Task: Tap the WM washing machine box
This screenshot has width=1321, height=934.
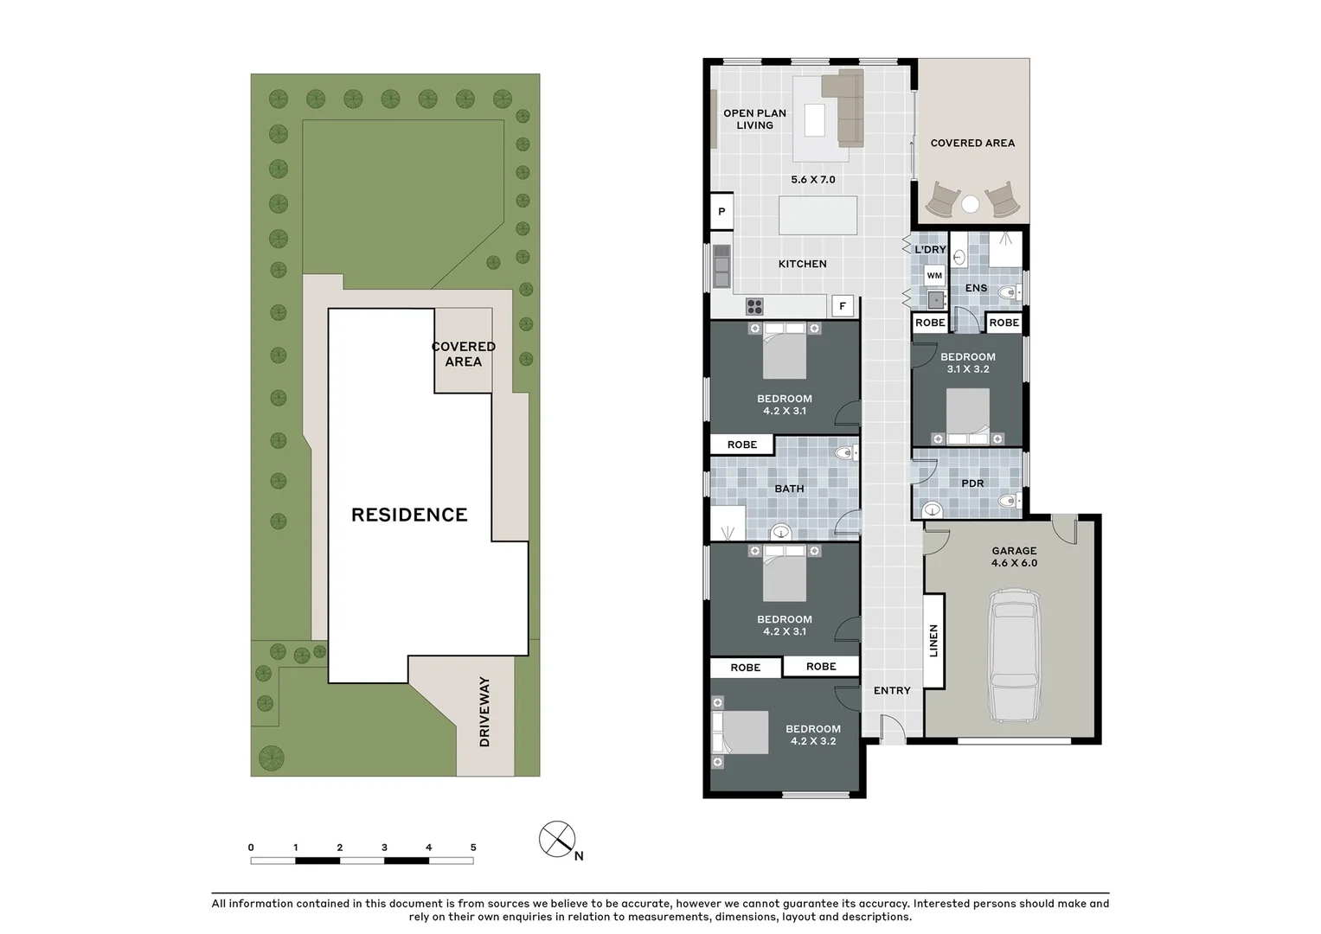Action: tap(934, 276)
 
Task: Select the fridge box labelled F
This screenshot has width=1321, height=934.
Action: tap(843, 306)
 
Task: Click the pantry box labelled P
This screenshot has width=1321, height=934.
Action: tap(721, 212)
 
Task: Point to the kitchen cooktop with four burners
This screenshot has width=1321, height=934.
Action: tap(754, 306)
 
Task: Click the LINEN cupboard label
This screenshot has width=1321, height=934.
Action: tap(933, 641)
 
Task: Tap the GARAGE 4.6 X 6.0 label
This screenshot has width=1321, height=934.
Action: tap(1014, 557)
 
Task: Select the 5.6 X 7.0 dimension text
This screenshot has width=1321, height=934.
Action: tap(813, 180)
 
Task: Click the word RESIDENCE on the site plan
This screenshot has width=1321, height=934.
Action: tap(409, 515)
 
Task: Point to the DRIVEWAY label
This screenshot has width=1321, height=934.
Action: tap(484, 712)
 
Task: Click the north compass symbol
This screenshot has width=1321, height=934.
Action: tap(558, 840)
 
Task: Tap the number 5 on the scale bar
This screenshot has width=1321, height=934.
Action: tap(473, 848)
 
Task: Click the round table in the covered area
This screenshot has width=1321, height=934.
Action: tap(971, 204)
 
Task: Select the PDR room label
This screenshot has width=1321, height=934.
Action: tap(972, 483)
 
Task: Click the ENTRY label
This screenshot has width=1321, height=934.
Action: tap(892, 691)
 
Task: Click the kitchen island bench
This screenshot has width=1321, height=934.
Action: tap(818, 215)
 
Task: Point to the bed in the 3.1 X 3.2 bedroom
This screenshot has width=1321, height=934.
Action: tap(967, 413)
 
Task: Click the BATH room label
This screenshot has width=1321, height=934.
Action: tap(789, 489)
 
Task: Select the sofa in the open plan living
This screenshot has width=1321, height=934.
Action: tap(845, 107)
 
